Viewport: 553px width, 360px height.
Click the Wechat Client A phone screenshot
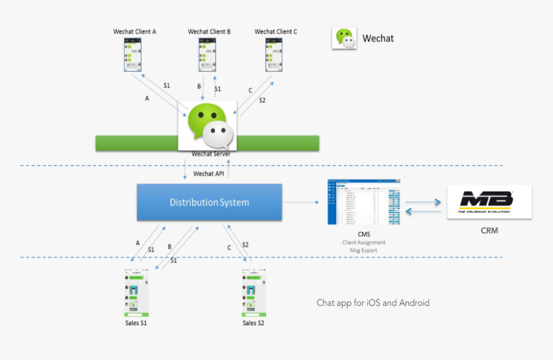click(134, 55)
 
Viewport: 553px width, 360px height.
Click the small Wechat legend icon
click(344, 39)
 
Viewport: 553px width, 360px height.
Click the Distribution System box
click(209, 203)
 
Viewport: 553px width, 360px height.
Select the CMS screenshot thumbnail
click(363, 202)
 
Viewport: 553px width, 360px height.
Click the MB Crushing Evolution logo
click(489, 202)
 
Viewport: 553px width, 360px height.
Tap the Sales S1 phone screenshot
click(136, 292)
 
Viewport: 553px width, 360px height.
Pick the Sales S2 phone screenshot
click(253, 292)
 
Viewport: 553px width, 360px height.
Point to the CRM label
click(489, 230)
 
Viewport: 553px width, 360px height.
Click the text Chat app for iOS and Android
click(373, 303)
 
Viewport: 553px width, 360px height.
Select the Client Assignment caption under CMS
click(364, 242)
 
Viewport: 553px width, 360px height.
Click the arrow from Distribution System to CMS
click(302, 203)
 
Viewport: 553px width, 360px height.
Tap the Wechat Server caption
click(210, 154)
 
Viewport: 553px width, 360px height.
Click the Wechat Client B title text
click(209, 32)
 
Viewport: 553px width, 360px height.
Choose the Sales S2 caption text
click(253, 323)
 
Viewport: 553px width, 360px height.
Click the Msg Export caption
click(364, 250)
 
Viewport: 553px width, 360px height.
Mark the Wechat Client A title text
click(134, 32)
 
